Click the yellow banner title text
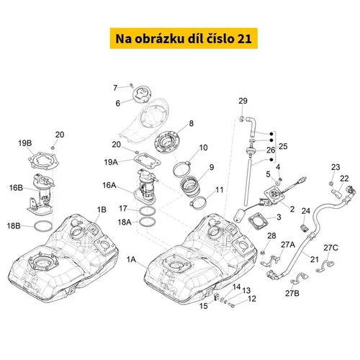click(184, 38)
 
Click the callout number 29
click(243, 101)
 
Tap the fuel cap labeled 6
click(143, 96)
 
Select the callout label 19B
click(25, 143)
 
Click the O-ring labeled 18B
click(43, 226)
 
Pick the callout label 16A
click(109, 185)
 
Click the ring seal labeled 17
click(148, 211)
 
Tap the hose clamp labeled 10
click(182, 169)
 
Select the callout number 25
click(283, 146)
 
